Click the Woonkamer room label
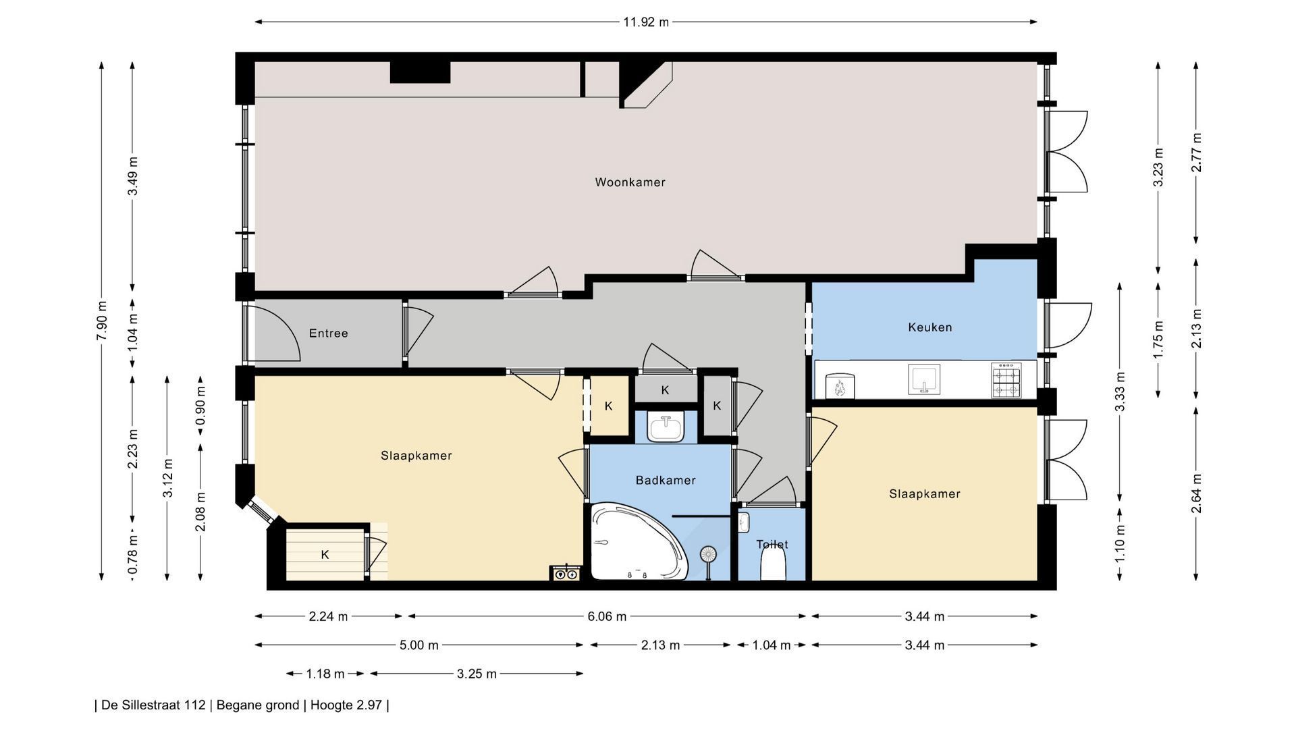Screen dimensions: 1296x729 pyautogui.click(x=630, y=182)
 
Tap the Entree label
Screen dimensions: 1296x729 pyautogui.click(x=329, y=333)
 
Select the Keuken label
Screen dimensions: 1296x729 pyautogui.click(x=930, y=327)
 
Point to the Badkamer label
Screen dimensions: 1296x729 pyautogui.click(x=666, y=481)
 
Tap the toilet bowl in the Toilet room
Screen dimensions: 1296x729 pyautogui.click(x=773, y=564)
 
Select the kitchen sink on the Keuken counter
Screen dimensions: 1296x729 pyautogui.click(x=924, y=379)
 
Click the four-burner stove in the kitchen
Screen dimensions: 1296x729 pyautogui.click(x=1005, y=380)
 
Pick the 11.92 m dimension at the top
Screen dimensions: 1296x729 pyautogui.click(x=646, y=22)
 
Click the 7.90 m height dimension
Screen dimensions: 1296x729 pyautogui.click(x=102, y=321)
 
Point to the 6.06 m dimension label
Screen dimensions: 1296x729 pyautogui.click(x=607, y=616)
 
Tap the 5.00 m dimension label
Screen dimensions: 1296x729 pyautogui.click(x=419, y=645)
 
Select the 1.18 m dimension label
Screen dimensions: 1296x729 pyautogui.click(x=325, y=674)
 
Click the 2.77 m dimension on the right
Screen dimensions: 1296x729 pyautogui.click(x=1196, y=153)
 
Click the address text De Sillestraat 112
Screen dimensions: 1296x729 pyautogui.click(x=153, y=705)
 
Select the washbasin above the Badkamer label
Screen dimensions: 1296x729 pyautogui.click(x=666, y=427)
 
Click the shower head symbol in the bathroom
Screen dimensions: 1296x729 pyautogui.click(x=708, y=556)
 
